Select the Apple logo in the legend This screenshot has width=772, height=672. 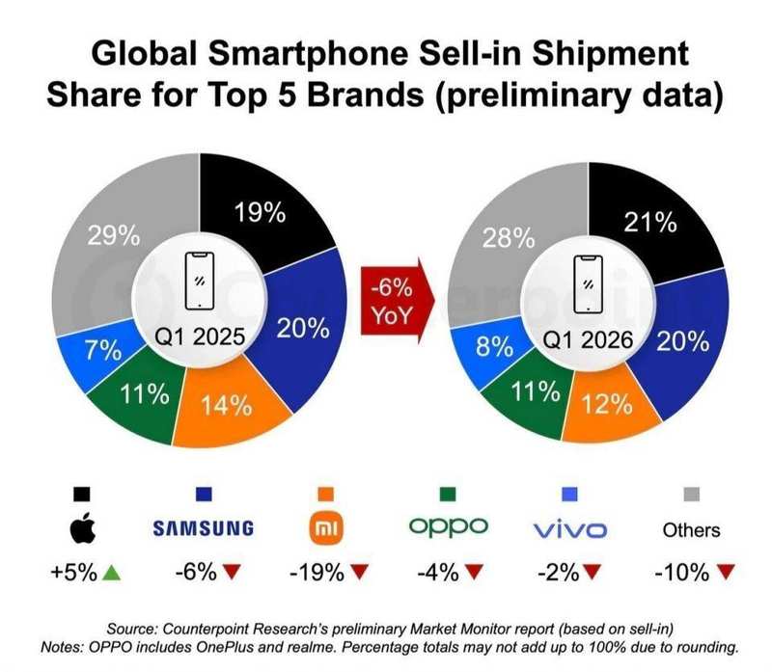(81, 527)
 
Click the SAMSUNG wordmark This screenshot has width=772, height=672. (203, 528)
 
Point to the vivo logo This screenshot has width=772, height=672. (569, 529)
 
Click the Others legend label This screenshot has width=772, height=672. (691, 529)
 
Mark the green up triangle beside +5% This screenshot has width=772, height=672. (113, 572)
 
